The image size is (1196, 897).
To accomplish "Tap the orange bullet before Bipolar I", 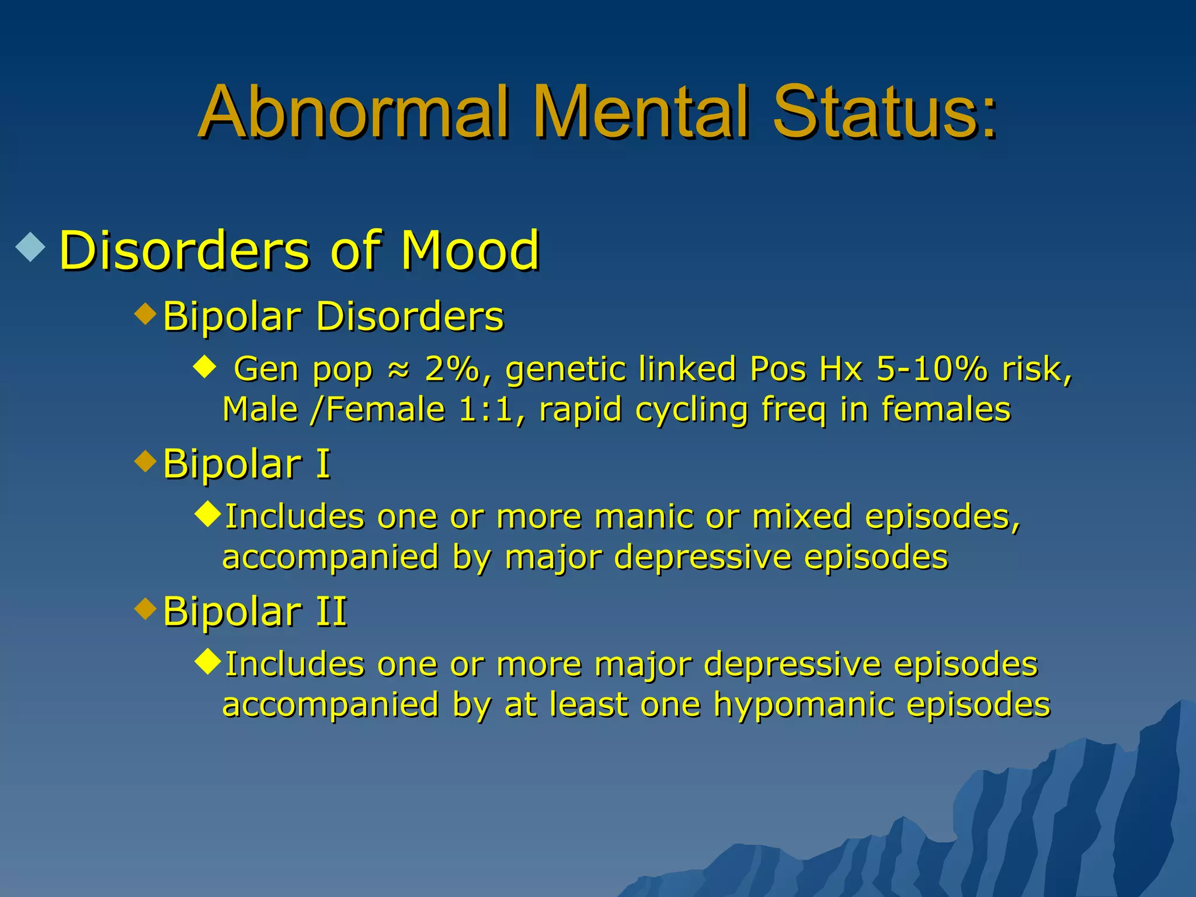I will pyautogui.click(x=145, y=461).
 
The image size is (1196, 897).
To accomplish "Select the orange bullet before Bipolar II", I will pyautogui.click(x=145, y=609).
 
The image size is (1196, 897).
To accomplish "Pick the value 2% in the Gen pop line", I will pyautogui.click(x=451, y=369).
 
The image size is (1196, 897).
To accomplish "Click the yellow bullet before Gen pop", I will pyautogui.click(x=204, y=368).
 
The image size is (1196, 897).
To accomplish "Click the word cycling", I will pyautogui.click(x=691, y=410).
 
